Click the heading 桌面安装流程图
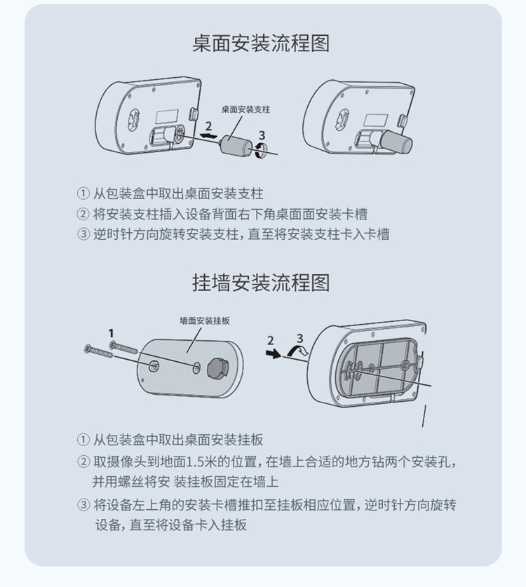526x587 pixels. pos(261,43)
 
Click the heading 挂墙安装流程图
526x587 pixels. pos(261,283)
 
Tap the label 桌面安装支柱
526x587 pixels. pos(245,109)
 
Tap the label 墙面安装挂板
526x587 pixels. pos(204,321)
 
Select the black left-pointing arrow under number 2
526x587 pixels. pos(208,135)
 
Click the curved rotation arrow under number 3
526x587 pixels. pos(262,151)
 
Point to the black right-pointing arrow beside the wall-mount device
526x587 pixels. pos(274,353)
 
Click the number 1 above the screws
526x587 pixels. pos(111,333)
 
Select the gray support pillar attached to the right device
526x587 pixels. pos(396,141)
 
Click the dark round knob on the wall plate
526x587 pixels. pos(218,367)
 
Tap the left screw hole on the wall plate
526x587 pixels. pos(154,367)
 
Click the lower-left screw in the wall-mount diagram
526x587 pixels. pos(99,351)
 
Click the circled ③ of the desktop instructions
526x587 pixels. pos(83,234)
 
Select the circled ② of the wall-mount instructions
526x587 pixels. pos(83,462)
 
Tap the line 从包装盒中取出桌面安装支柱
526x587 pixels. pos(178,194)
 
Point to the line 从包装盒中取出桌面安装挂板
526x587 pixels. pos(178,440)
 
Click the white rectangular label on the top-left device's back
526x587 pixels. pos(167,116)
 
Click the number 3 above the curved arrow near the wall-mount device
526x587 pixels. pos(299,338)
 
